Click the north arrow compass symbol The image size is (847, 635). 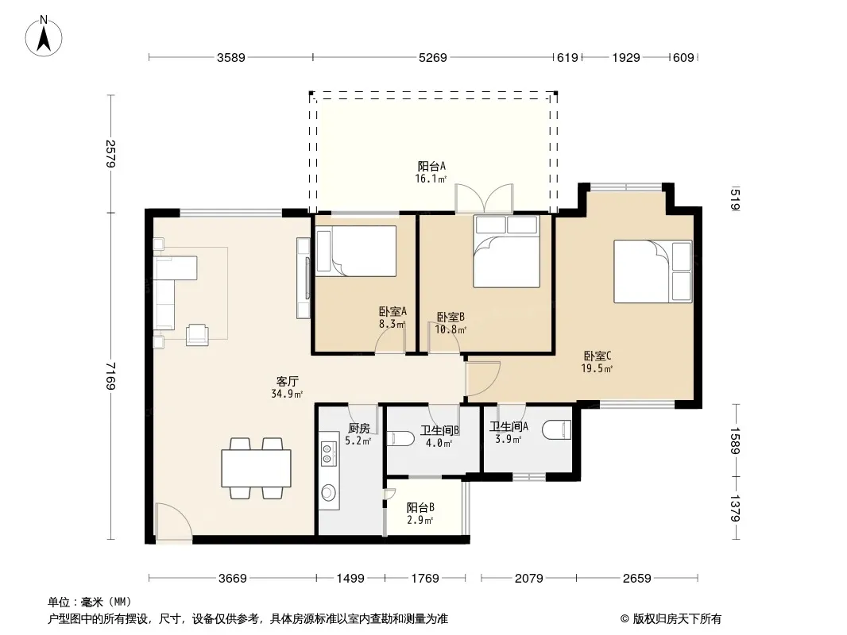44,37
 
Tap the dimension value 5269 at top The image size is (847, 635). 433,58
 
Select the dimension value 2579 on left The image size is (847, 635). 110,154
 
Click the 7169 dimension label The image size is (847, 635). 110,375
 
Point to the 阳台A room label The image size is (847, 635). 431,166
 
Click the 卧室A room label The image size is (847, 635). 393,311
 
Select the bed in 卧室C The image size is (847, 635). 652,271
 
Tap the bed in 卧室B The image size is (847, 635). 507,252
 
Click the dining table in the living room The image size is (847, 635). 256,468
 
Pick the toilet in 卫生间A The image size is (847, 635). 556,430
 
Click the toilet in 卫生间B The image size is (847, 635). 400,437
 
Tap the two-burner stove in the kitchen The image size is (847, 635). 327,453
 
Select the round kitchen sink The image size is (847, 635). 328,492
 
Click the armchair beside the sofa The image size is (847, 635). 197,334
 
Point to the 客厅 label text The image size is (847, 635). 288,382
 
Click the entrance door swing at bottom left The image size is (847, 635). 173,521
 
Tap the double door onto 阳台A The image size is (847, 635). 484,198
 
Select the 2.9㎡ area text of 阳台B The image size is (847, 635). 420,520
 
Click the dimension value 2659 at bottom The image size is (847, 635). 637,579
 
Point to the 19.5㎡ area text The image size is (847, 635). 597,368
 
